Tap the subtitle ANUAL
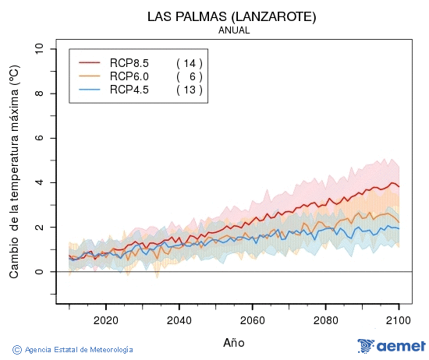point(234,30)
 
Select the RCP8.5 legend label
point(129,63)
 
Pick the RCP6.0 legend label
point(129,76)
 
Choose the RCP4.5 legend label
point(129,90)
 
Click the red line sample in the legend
point(90,63)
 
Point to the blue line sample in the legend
point(90,90)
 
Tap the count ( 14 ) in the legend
point(189,63)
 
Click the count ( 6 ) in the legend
point(189,76)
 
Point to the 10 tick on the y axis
point(40,49)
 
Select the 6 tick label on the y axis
point(40,138)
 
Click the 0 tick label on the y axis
point(40,272)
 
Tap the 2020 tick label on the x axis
point(105,319)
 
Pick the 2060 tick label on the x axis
point(252,319)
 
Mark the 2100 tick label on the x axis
point(399,319)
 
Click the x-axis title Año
point(234,342)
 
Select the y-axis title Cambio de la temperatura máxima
point(14,171)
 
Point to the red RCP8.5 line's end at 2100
point(399,186)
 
